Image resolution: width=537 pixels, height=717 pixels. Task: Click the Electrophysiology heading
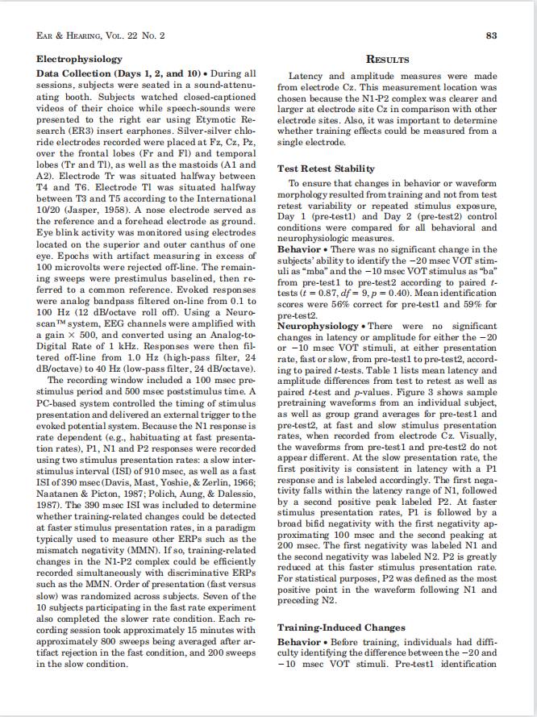point(80,59)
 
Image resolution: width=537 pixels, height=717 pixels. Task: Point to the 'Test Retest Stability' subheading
point(326,169)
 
